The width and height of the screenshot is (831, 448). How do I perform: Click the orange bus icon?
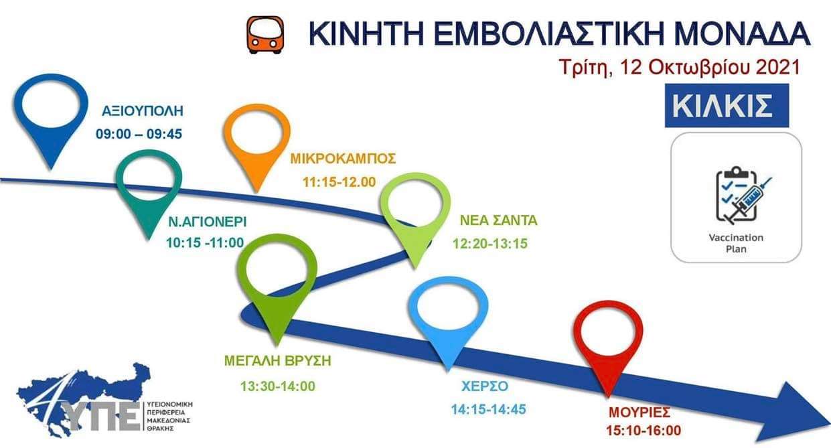[x=266, y=35]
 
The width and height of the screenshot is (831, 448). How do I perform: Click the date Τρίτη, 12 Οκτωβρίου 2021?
[x=680, y=67]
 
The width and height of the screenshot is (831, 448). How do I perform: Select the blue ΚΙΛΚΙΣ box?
[x=727, y=106]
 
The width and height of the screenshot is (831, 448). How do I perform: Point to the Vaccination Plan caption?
[x=736, y=243]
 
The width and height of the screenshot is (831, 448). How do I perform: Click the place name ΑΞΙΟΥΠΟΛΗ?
[x=143, y=111]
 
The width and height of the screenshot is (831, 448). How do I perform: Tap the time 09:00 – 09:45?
[x=139, y=134]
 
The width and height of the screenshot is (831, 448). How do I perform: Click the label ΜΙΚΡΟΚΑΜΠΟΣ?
[x=343, y=159]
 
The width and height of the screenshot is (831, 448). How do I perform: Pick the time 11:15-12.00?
[x=339, y=182]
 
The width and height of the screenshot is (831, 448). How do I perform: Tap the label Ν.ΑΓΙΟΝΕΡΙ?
[x=208, y=222]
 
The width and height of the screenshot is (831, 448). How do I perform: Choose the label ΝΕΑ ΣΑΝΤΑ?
[x=499, y=220]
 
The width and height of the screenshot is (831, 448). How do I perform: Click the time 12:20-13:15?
[x=489, y=244]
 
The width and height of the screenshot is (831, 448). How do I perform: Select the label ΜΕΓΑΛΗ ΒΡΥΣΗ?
[x=278, y=361]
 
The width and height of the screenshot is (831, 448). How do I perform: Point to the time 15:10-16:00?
[x=644, y=431]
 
